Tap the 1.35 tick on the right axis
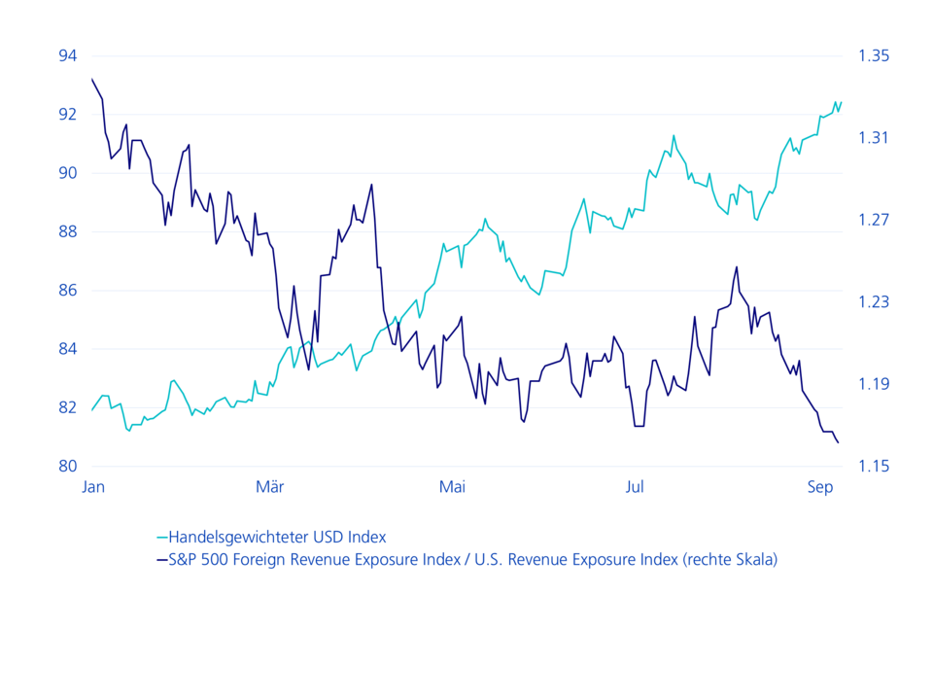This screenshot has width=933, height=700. (874, 56)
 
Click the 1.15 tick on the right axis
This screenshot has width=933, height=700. (874, 466)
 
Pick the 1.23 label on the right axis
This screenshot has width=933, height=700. (874, 302)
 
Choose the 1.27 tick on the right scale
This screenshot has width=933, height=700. (874, 220)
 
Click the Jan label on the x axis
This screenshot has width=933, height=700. (93, 487)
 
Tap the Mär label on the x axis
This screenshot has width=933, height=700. (270, 487)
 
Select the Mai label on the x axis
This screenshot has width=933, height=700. (452, 487)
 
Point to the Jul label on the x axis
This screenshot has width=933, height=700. (635, 487)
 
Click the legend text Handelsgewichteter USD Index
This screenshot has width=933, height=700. (277, 537)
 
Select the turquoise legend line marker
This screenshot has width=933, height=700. (161, 537)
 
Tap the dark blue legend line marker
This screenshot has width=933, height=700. (161, 559)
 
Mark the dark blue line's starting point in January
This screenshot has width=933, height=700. (91, 79)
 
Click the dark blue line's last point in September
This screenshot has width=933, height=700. (839, 443)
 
